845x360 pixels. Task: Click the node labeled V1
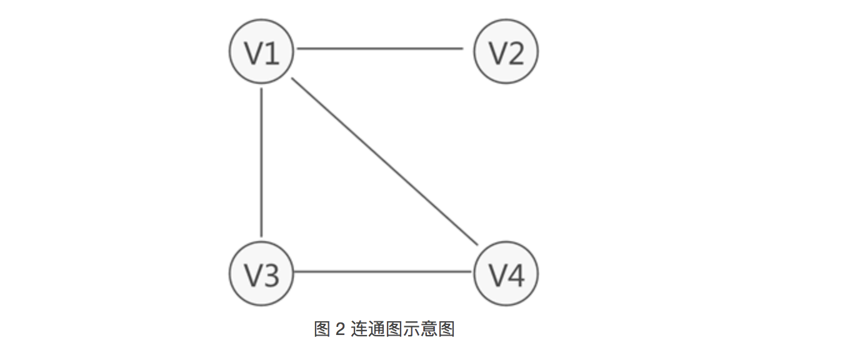[x=261, y=52]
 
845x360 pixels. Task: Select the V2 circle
[x=506, y=52]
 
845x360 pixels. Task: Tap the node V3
[x=261, y=274]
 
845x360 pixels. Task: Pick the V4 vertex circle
[x=506, y=274]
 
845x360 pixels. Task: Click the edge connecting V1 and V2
[x=380, y=48]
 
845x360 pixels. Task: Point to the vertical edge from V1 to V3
[x=261, y=162]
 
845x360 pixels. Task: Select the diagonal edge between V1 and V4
[x=384, y=161]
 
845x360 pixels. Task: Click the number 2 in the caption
[x=340, y=329]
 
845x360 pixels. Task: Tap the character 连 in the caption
[x=359, y=329]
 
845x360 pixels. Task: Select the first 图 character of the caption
[x=322, y=329]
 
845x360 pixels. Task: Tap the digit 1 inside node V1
[x=271, y=53]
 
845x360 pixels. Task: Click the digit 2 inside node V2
[x=516, y=53]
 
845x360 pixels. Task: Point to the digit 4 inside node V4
[x=516, y=276]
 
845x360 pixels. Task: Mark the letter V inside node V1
[x=252, y=53]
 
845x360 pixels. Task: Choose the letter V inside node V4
[x=497, y=276]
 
